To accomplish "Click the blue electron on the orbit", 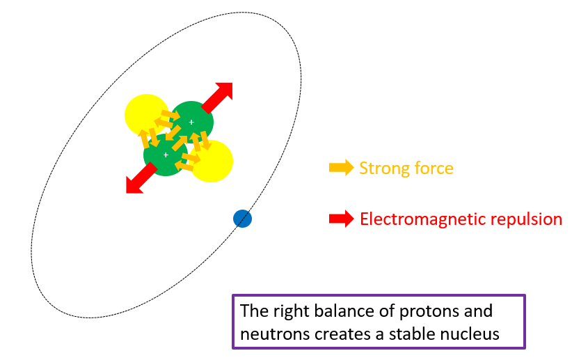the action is pos(242,219).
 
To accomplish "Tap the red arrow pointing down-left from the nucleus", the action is pos(139,179).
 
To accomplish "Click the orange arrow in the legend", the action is pos(341,168).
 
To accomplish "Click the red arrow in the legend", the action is pos(341,219).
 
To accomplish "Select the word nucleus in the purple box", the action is pos(472,334).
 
